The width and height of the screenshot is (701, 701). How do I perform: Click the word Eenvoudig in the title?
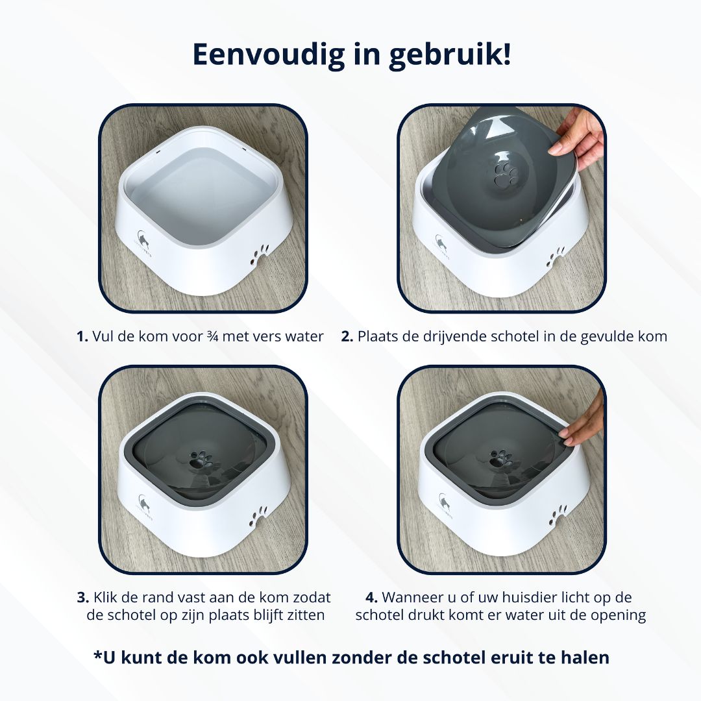(x=269, y=55)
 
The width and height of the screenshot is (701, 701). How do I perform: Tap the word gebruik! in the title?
(x=449, y=55)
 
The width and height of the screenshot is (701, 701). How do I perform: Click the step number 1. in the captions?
(x=82, y=336)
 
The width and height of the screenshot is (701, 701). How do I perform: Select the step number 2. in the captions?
(x=347, y=336)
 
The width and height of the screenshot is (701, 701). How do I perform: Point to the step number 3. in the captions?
(x=83, y=597)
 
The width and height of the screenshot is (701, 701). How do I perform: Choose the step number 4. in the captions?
(x=371, y=597)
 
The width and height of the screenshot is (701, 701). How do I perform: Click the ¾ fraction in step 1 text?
(x=212, y=336)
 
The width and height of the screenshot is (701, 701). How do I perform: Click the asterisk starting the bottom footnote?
(x=98, y=654)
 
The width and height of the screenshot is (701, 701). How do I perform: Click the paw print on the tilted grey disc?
(x=505, y=175)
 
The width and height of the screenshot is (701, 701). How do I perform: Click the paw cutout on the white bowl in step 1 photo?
(x=259, y=254)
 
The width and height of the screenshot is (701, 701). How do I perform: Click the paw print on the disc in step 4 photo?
(x=500, y=460)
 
